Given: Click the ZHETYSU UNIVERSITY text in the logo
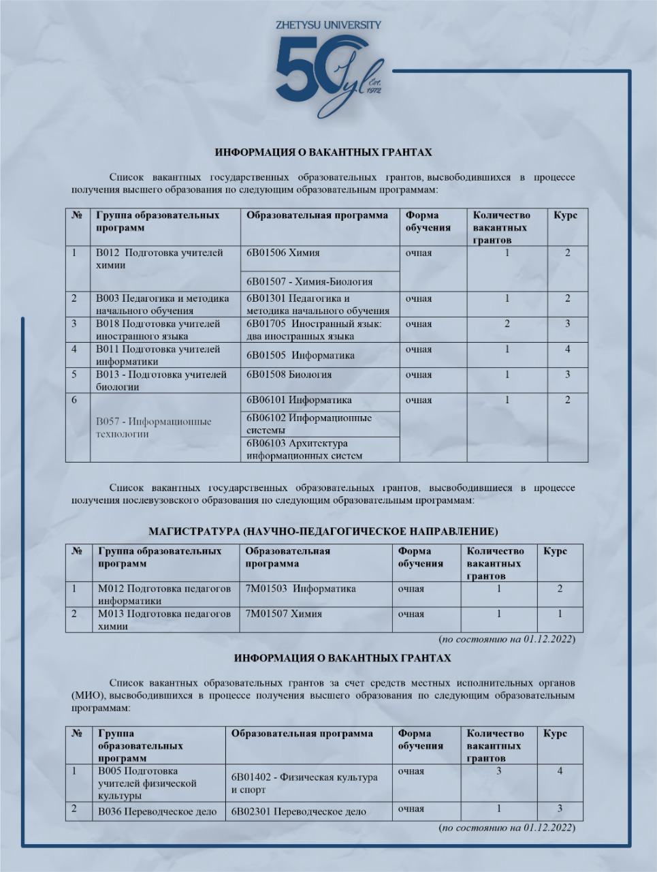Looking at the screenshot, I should coord(328,25).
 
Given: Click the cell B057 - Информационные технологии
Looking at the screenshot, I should coord(154,428).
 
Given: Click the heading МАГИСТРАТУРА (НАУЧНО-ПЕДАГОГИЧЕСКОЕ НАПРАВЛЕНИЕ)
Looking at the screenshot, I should coord(323,531).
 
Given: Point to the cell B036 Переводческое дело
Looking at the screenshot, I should coord(157,811).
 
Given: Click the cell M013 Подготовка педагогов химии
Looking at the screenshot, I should coord(164,620).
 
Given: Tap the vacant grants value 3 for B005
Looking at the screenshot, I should coord(499,771).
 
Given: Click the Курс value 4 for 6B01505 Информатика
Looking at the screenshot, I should coord(567,349).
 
